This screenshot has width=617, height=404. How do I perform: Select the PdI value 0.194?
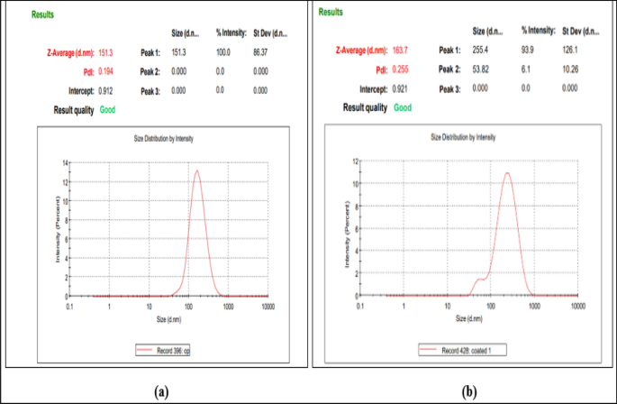point(106,71)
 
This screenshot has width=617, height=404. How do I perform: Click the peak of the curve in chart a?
point(196,170)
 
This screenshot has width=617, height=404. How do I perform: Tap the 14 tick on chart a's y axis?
point(66,162)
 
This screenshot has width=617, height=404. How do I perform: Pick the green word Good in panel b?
point(402,106)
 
